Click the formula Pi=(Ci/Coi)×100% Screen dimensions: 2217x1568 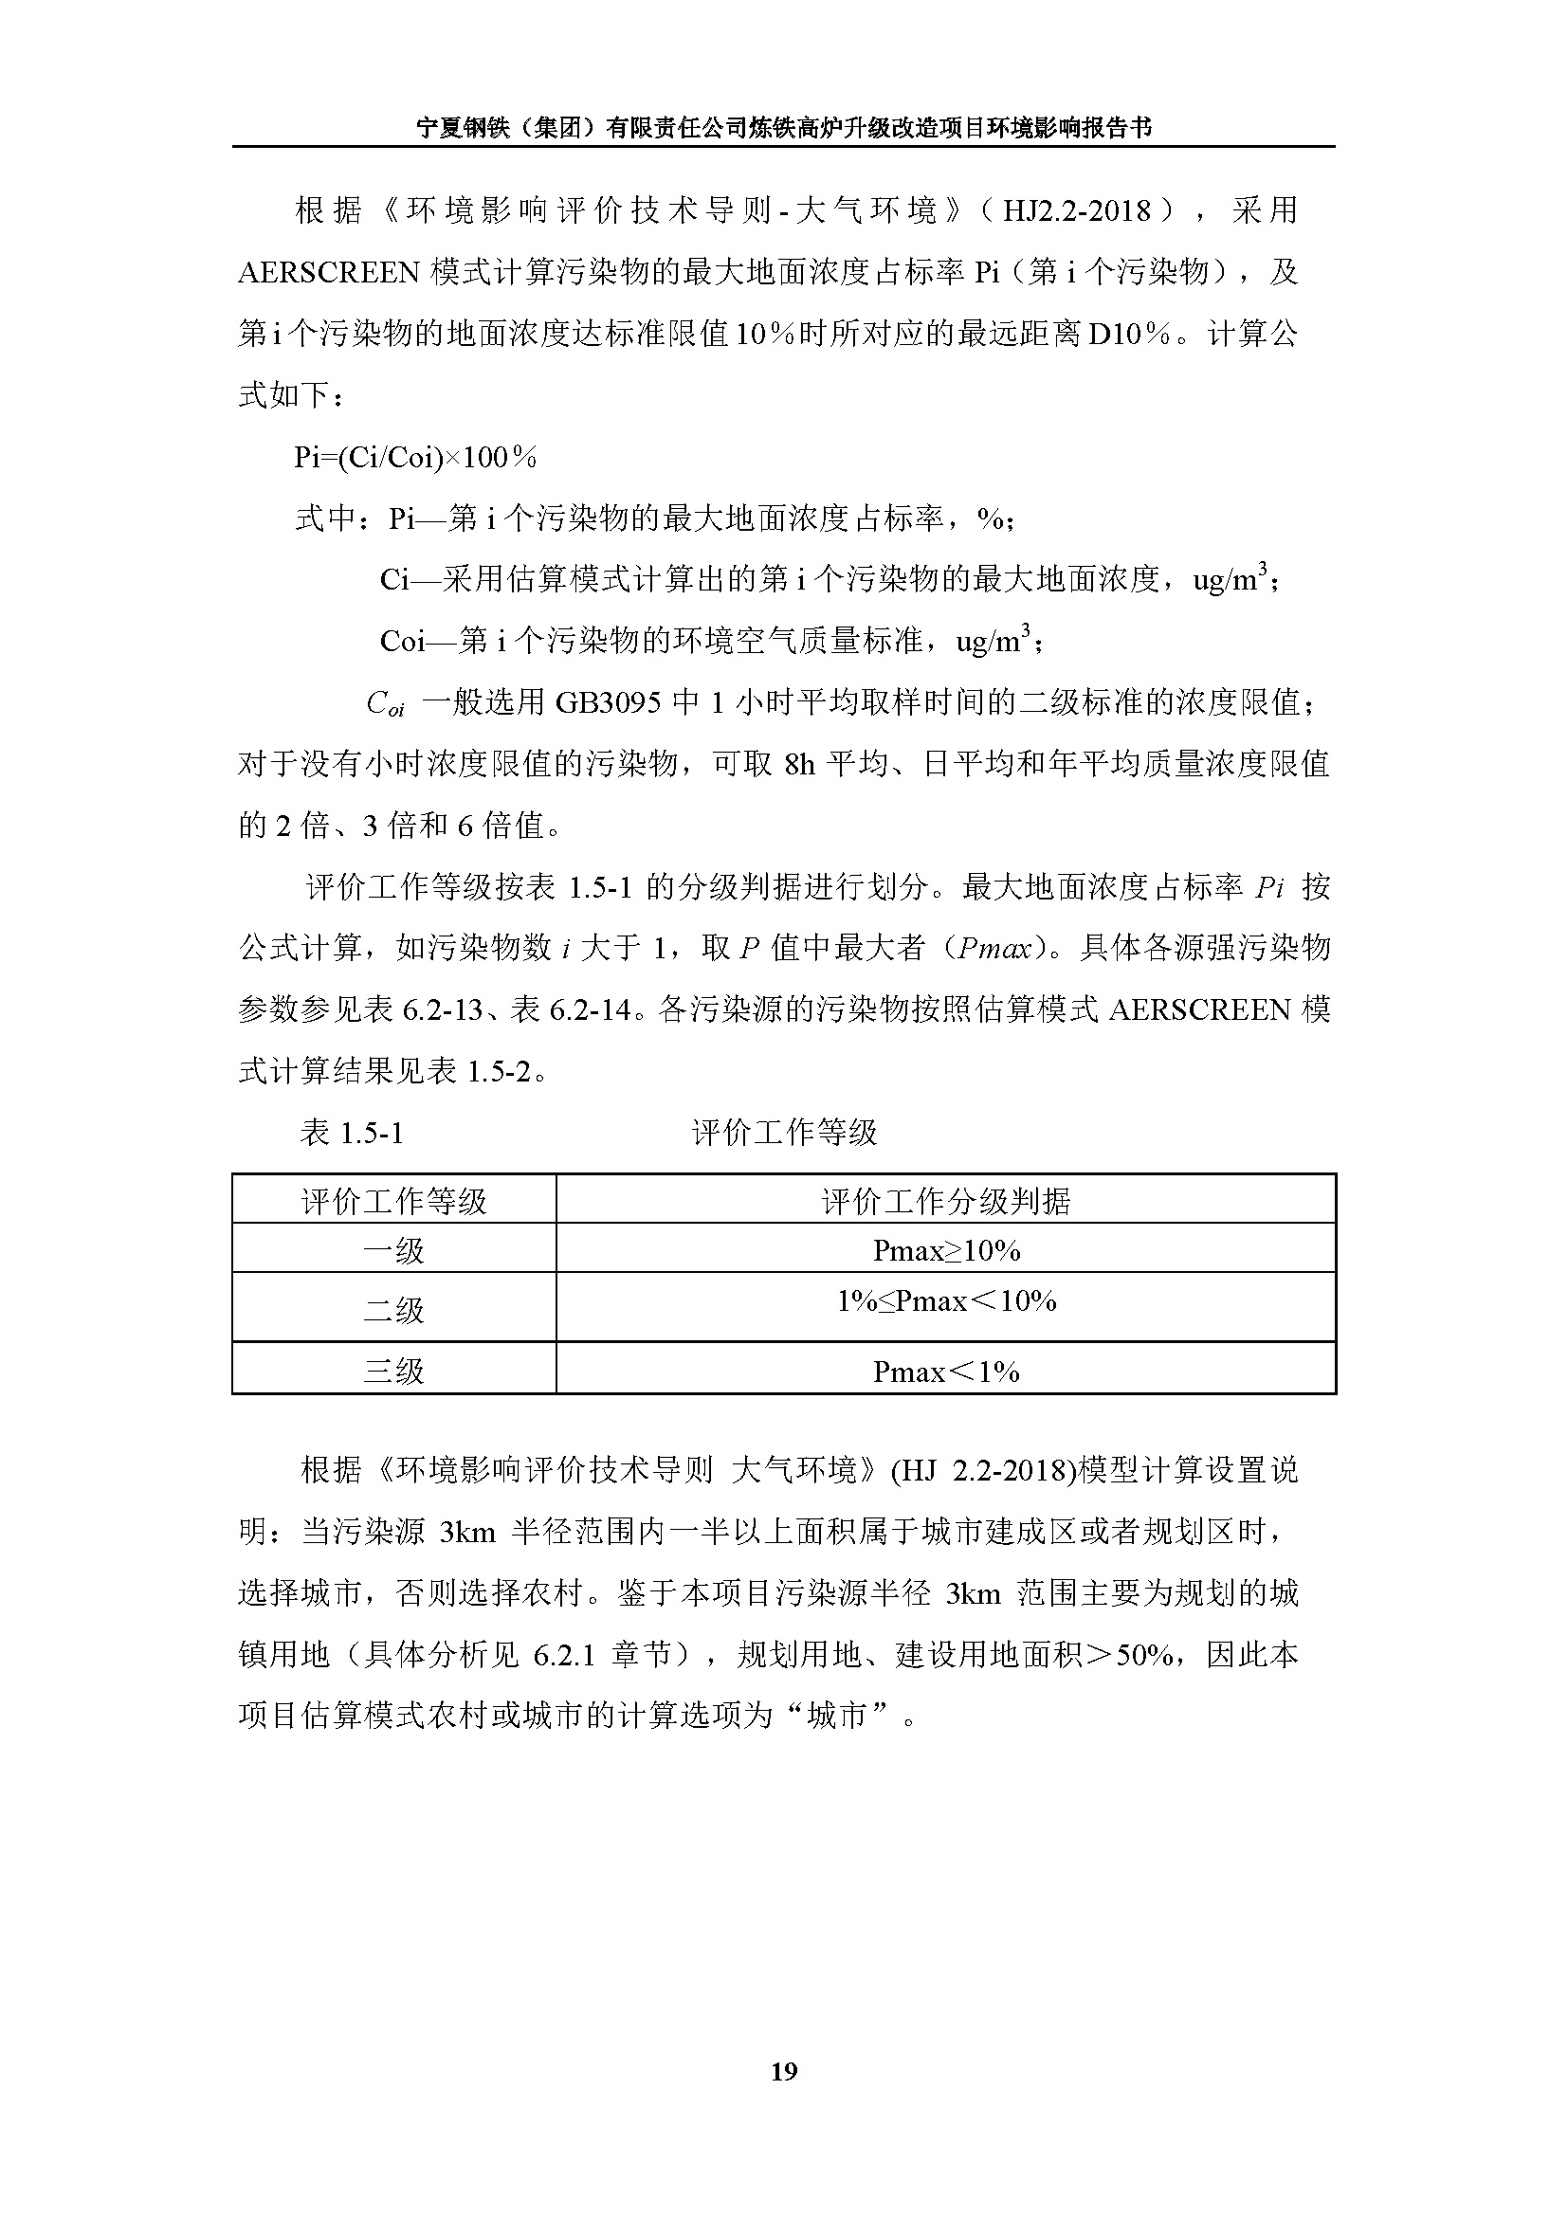tap(415, 457)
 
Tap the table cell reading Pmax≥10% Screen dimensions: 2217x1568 tap(946, 1250)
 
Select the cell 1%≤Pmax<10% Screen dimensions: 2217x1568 tap(946, 1301)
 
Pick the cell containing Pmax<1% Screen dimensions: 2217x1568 tap(946, 1372)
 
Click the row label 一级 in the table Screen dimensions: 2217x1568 tap(394, 1251)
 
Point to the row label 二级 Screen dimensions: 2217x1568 tap(394, 1310)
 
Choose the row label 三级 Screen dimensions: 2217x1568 tap(394, 1372)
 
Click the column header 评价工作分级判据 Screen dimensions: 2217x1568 tap(946, 1201)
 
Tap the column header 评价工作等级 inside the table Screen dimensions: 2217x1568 tap(394, 1201)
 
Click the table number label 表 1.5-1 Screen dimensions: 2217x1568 tap(352, 1132)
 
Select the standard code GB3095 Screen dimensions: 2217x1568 tap(609, 703)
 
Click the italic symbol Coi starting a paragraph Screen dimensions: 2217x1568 tap(385, 704)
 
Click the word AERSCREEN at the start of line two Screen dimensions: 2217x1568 tap(328, 272)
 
